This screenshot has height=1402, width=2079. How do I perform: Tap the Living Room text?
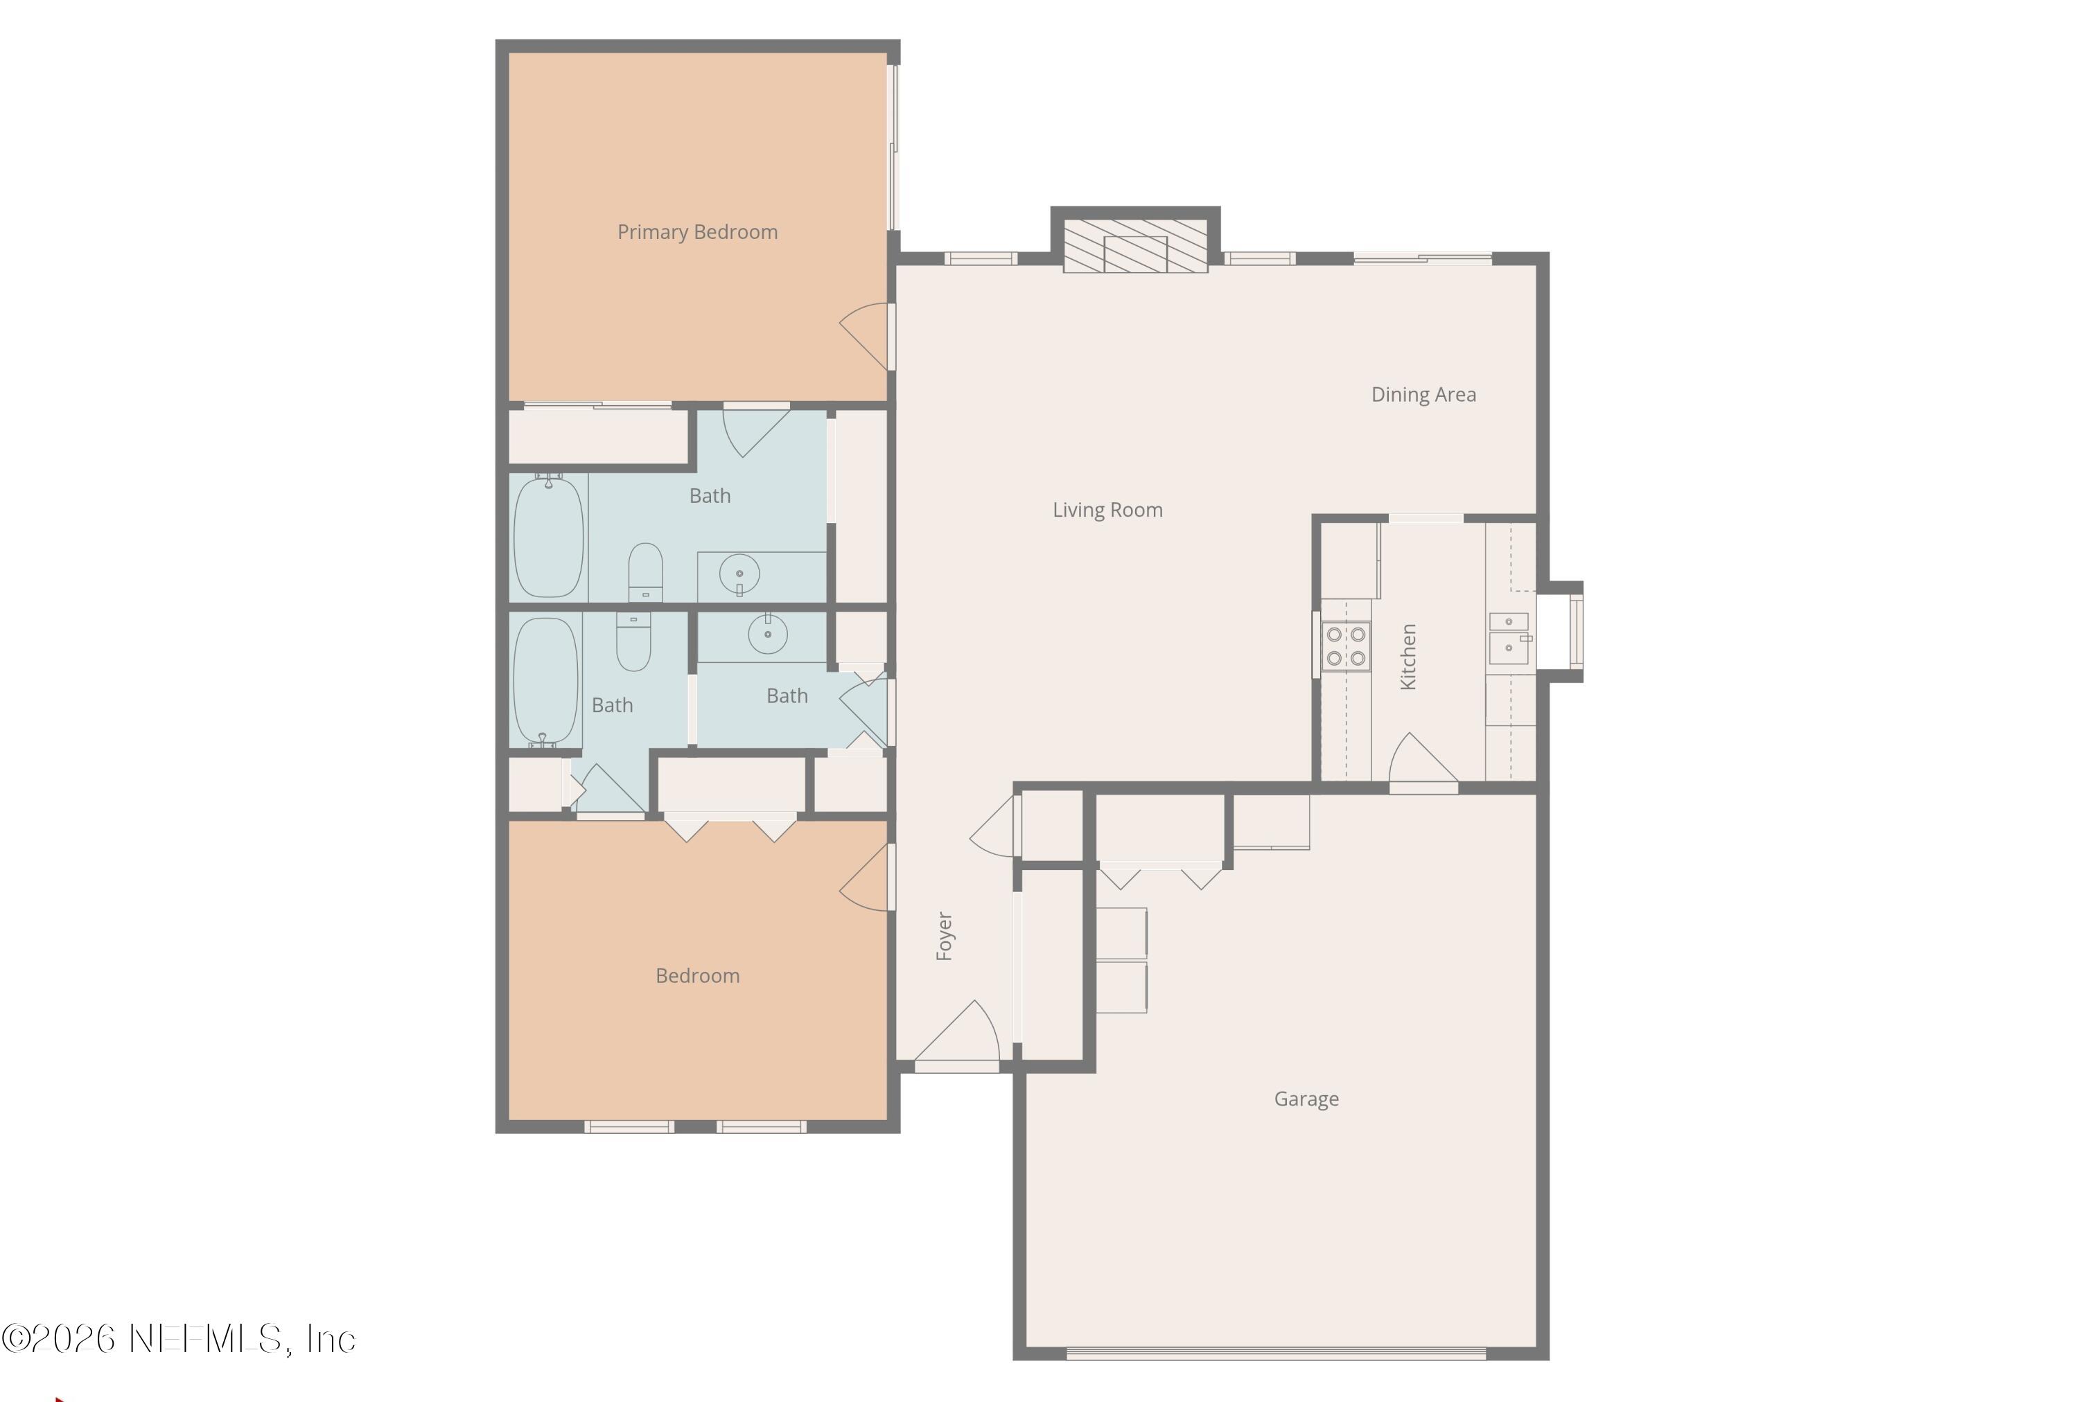[x=1107, y=511]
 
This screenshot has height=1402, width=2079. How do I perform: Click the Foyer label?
[x=945, y=936]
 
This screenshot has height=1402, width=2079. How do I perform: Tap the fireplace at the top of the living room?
[x=1134, y=243]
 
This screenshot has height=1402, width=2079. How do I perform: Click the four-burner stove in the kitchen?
[x=1345, y=646]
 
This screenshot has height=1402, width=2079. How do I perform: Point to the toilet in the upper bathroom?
[x=645, y=572]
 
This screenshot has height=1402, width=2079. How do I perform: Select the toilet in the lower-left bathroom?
[x=633, y=642]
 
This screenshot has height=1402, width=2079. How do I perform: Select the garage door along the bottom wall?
[x=1276, y=1354]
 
